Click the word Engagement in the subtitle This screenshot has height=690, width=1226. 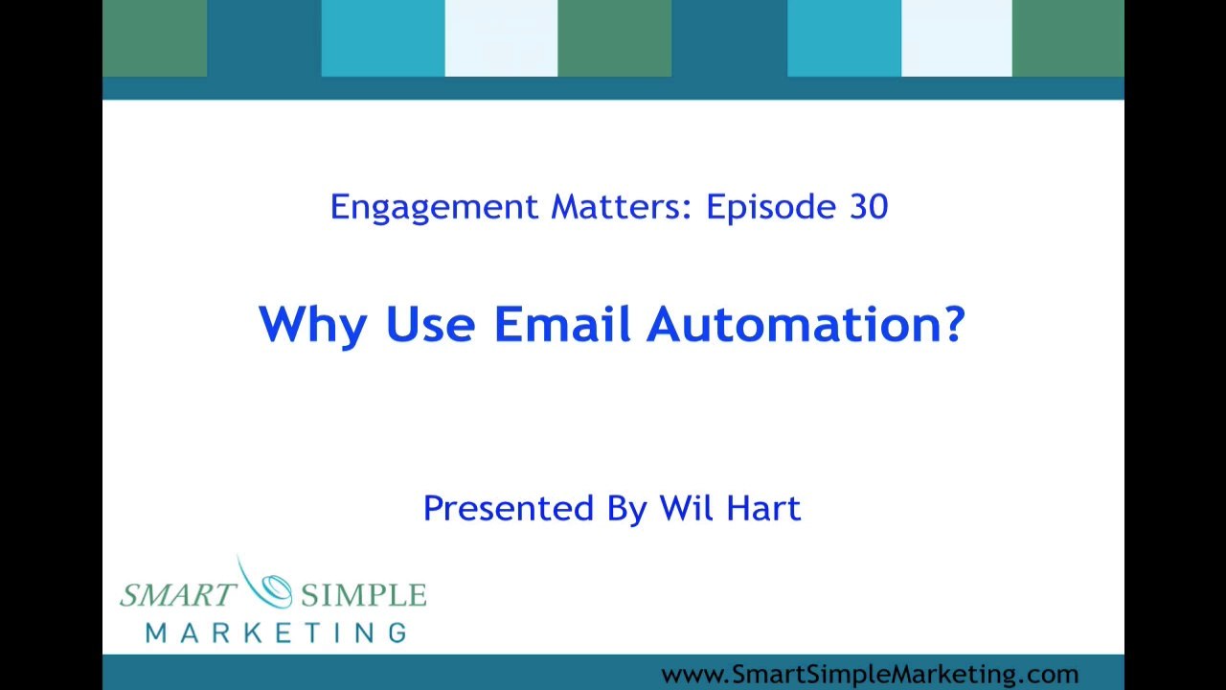pyautogui.click(x=435, y=208)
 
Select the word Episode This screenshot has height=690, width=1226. pyautogui.click(x=771, y=208)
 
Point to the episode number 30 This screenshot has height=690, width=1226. pyautogui.click(x=869, y=207)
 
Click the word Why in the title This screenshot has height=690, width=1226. pyautogui.click(x=313, y=326)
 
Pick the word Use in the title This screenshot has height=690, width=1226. pyautogui.click(x=430, y=324)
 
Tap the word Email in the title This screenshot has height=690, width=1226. pyautogui.click(x=562, y=324)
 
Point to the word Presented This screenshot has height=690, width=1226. pyautogui.click(x=509, y=508)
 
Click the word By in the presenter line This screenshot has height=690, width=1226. pyautogui.click(x=627, y=510)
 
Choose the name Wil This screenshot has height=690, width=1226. pyautogui.click(x=686, y=508)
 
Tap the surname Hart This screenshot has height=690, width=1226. pyautogui.click(x=763, y=508)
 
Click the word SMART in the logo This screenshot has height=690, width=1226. pyautogui.click(x=178, y=595)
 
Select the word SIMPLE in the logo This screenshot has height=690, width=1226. pyautogui.click(x=363, y=595)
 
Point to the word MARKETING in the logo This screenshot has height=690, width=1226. pyautogui.click(x=277, y=633)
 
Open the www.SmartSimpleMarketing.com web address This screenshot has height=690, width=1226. pyautogui.click(x=870, y=674)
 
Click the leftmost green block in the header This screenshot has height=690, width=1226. pyautogui.click(x=155, y=38)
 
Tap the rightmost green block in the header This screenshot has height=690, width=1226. pyautogui.click(x=1068, y=38)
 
